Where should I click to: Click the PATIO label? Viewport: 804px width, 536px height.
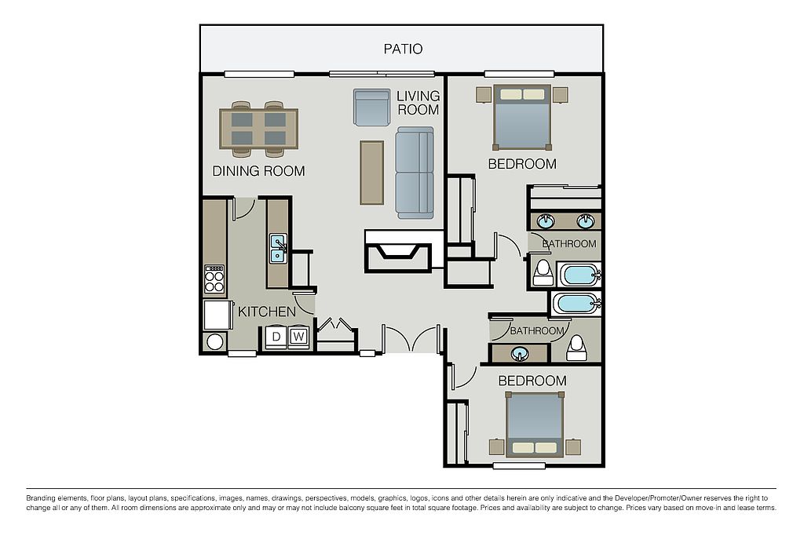tap(403, 49)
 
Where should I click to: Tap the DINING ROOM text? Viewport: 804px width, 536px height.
tap(258, 171)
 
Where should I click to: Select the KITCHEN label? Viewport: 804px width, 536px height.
tap(267, 312)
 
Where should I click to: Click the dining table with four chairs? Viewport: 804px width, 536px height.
tap(258, 129)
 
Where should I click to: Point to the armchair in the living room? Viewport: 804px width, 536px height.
tap(371, 108)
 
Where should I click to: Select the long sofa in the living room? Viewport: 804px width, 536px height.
tap(415, 173)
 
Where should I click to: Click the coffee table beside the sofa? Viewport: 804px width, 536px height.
tap(371, 173)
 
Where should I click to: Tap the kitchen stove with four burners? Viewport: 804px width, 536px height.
tap(215, 280)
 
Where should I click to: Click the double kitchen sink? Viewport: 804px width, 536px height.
tap(278, 249)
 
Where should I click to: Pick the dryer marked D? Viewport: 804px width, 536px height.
tap(276, 337)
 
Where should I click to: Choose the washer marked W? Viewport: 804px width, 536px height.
tap(298, 337)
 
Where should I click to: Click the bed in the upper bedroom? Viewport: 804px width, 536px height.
tap(522, 118)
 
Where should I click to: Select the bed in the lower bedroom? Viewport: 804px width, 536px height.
tap(535, 425)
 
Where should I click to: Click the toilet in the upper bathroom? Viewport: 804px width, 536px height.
tap(542, 272)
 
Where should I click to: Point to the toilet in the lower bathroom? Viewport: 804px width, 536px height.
tap(577, 348)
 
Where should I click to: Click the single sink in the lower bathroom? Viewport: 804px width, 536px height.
tap(521, 354)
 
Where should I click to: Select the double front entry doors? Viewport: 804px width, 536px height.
tap(411, 337)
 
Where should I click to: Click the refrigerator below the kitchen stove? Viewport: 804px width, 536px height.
tap(215, 315)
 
